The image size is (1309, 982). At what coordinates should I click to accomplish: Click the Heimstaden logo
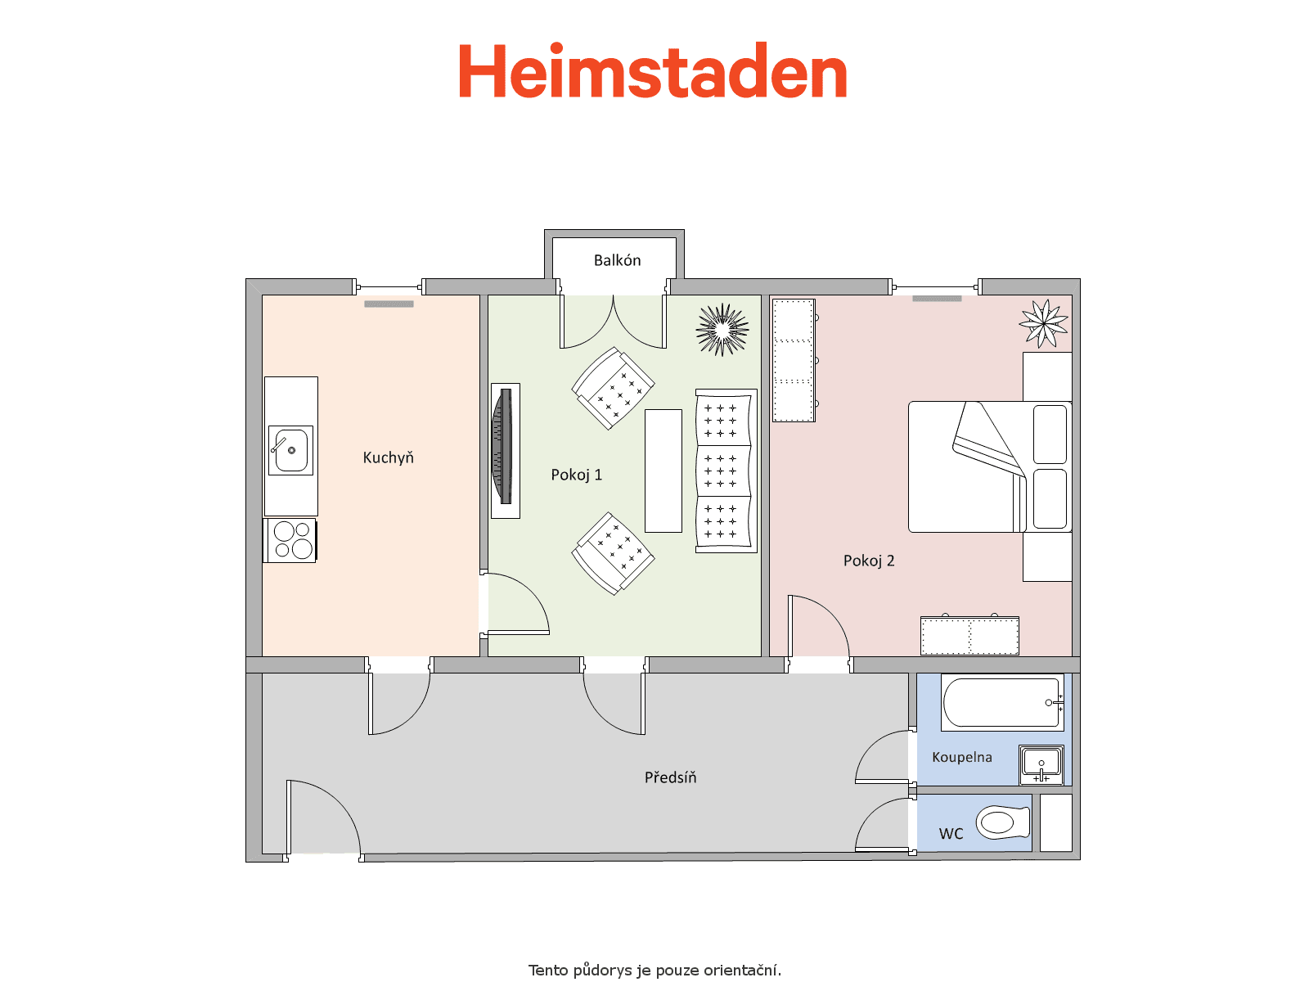[x=652, y=70]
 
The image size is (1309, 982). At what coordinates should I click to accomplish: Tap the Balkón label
[x=617, y=260]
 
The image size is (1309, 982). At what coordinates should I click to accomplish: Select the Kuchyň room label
[x=389, y=458]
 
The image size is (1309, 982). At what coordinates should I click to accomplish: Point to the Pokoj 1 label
[x=576, y=475]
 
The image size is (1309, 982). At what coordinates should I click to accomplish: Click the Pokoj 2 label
[x=869, y=561]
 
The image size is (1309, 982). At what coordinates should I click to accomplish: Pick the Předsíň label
[x=670, y=777]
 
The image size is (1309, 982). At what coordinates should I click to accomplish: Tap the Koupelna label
[x=962, y=758]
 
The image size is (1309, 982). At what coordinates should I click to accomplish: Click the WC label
[x=951, y=834]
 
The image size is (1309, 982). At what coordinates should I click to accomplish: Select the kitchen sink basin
[x=291, y=451]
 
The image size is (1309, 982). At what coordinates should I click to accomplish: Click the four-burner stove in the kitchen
[x=291, y=540]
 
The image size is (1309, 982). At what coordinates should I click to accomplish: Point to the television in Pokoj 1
[x=502, y=447]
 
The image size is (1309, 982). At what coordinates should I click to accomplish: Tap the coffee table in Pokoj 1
[x=663, y=471]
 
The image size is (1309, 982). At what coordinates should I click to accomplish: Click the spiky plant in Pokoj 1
[x=722, y=330]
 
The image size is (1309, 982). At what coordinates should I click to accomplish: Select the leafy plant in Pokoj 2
[x=1044, y=324]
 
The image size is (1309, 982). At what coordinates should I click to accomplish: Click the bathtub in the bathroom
[x=1002, y=703]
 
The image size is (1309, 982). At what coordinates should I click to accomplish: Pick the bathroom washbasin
[x=1041, y=765]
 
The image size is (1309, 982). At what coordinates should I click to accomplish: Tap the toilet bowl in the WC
[x=1003, y=823]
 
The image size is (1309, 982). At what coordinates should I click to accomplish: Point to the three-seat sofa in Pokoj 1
[x=726, y=471]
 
